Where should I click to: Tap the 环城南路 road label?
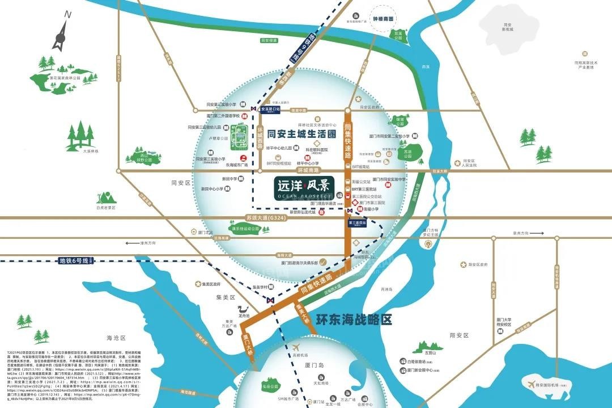[308, 170]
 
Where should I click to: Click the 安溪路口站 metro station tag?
[270, 109]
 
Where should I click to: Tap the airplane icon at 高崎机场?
[295, 347]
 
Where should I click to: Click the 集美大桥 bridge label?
[303, 313]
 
